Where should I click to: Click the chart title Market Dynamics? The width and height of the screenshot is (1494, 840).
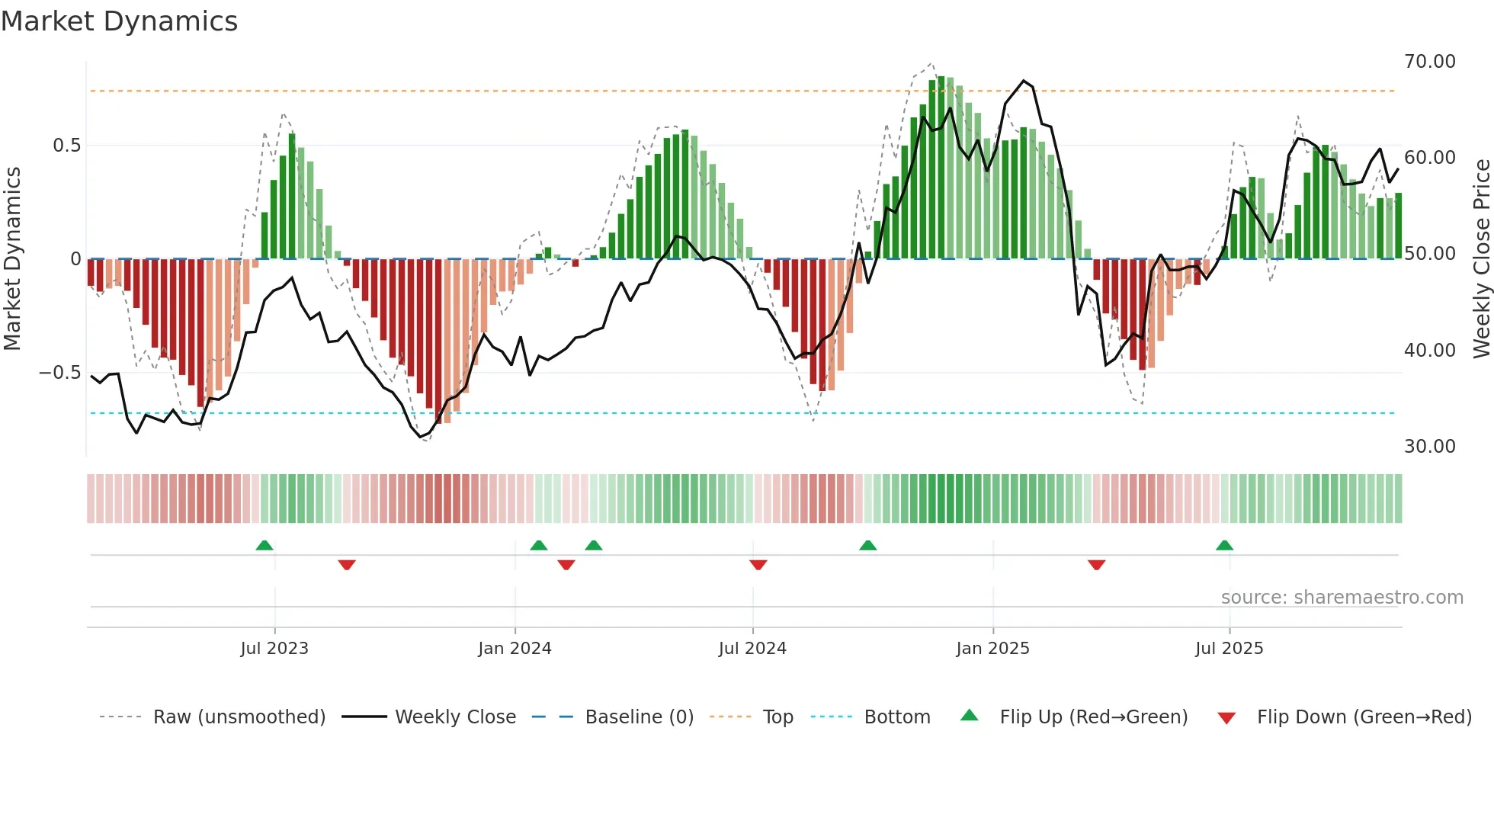[119, 21]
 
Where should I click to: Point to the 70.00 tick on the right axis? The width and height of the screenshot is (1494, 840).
[1429, 62]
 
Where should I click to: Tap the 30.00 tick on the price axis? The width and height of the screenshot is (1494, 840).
[1429, 447]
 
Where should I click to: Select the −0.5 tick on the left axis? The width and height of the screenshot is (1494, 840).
[59, 373]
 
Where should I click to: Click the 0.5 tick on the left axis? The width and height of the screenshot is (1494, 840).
[66, 146]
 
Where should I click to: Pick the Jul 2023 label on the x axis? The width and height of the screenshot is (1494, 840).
[274, 649]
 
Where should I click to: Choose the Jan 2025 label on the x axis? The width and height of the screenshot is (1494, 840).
[992, 649]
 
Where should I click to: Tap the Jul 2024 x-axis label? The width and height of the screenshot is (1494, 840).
[752, 649]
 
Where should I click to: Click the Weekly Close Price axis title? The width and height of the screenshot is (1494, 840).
[1481, 259]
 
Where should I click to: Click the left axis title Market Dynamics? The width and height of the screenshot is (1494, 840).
[12, 259]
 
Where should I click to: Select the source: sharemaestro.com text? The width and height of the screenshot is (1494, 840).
[1342, 598]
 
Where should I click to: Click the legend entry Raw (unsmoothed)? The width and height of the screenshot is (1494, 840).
[239, 717]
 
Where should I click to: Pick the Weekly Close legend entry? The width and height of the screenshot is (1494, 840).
[455, 717]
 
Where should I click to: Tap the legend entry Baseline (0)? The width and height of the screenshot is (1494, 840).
[639, 717]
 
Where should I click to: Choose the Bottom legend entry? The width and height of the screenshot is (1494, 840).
[896, 717]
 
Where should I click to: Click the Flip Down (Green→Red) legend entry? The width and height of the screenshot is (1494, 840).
[1364, 717]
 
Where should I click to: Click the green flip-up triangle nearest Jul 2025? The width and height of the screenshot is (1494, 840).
[1224, 545]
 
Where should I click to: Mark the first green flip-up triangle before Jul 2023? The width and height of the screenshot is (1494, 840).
[264, 545]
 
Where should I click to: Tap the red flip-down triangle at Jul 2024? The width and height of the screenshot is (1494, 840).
[758, 565]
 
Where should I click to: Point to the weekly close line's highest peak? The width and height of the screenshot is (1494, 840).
[1023, 81]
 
